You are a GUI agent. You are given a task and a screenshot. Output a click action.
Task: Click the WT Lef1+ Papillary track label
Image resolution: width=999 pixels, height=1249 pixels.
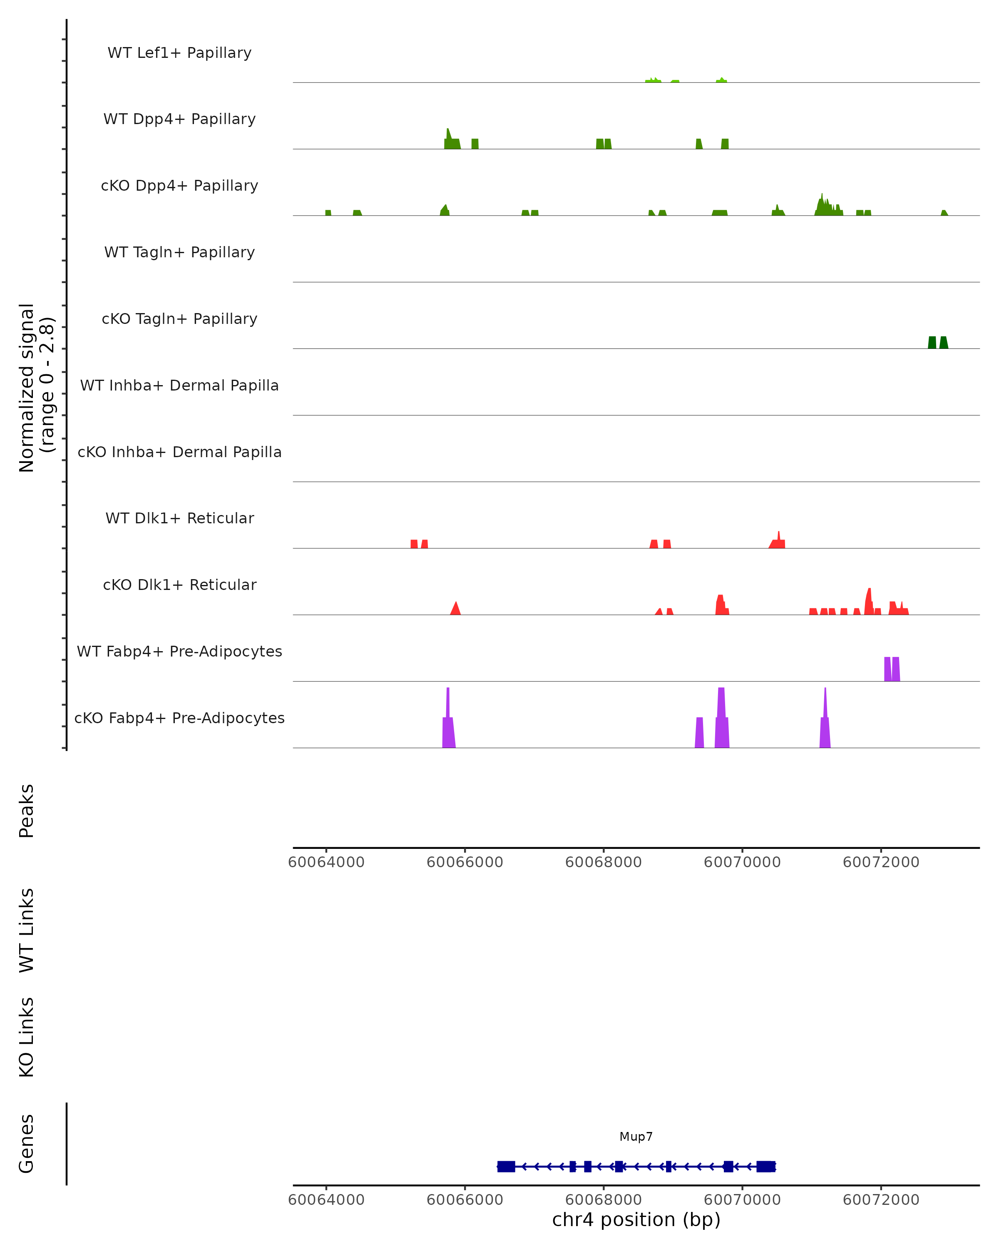[x=179, y=53]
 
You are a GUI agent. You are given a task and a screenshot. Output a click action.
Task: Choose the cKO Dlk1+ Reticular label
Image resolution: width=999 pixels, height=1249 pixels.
[x=179, y=585]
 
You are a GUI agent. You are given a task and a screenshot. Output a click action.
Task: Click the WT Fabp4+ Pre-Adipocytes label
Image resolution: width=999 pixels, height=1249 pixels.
[x=179, y=651]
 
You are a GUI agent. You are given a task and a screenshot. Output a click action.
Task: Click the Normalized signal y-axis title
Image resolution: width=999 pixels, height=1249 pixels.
[x=36, y=388]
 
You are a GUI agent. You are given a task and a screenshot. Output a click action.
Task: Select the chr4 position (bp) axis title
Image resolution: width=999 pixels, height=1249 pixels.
[x=636, y=1219]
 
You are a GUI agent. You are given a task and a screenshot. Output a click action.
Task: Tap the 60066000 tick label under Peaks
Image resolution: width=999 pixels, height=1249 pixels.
[x=465, y=862]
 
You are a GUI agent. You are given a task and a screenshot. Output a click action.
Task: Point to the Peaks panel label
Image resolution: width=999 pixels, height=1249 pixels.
[x=27, y=811]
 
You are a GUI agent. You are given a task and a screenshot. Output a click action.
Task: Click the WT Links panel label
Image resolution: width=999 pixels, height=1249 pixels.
[x=27, y=930]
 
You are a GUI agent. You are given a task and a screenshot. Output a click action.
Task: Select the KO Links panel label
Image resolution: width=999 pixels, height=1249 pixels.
[x=27, y=1037]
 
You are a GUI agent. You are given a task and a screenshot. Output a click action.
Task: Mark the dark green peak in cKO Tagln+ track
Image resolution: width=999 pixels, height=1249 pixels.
[x=938, y=343]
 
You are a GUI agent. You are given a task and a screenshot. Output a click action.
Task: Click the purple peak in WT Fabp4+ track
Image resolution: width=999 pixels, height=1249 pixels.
[x=892, y=670]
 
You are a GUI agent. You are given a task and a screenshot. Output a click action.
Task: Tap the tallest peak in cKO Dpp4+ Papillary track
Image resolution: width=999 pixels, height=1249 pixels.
[x=822, y=206]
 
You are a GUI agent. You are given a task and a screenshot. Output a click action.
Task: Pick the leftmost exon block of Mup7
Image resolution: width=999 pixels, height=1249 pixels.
[x=506, y=1166]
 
